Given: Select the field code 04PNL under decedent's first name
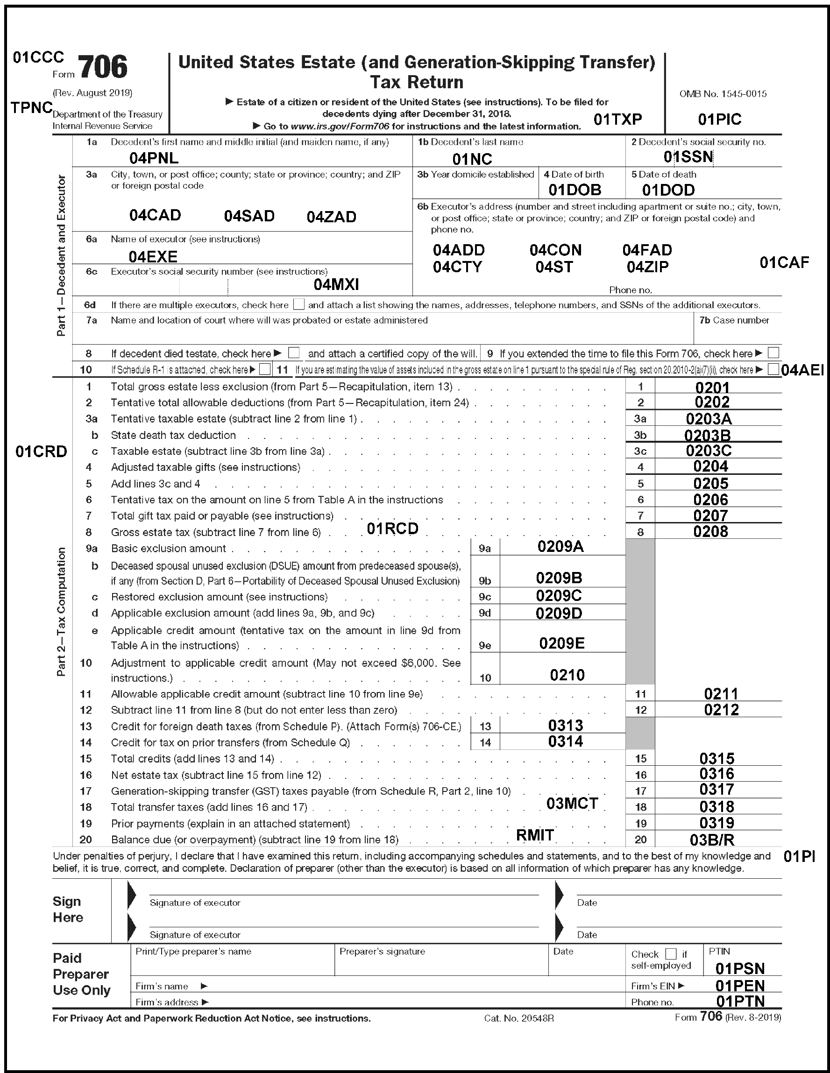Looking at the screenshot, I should point(153,158).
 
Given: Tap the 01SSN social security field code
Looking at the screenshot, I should point(688,157).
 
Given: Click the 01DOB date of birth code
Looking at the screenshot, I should point(575,190).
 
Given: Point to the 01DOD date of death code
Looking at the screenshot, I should point(668,190).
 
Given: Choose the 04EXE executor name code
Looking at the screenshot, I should point(153,256).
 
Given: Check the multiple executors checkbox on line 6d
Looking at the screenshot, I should point(298,304).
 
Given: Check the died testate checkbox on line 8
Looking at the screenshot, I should point(294,353).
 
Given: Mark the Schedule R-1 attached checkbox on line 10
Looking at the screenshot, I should point(264,369).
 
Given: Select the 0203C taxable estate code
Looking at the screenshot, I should point(709,451).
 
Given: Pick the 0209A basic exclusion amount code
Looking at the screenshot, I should point(560,546).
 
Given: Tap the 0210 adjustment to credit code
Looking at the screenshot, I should point(567,675).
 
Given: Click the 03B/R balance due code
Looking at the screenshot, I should point(712,840).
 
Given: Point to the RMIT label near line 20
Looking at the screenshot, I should point(535,835).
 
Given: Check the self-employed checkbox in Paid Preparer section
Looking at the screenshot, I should point(670,954).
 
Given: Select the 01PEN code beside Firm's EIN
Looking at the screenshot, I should point(739,986).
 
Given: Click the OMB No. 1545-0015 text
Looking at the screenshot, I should point(723,94).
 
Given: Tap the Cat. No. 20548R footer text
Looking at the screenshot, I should point(518,1018).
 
